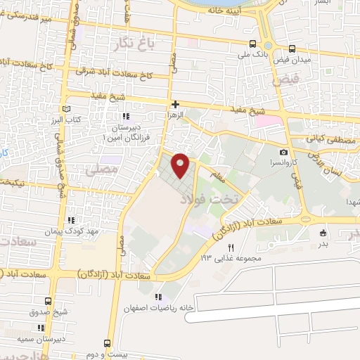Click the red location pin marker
181,165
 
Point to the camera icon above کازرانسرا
283,153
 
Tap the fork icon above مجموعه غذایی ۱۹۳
231,247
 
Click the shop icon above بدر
323,233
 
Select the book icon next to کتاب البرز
66,109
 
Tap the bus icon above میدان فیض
292,49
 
